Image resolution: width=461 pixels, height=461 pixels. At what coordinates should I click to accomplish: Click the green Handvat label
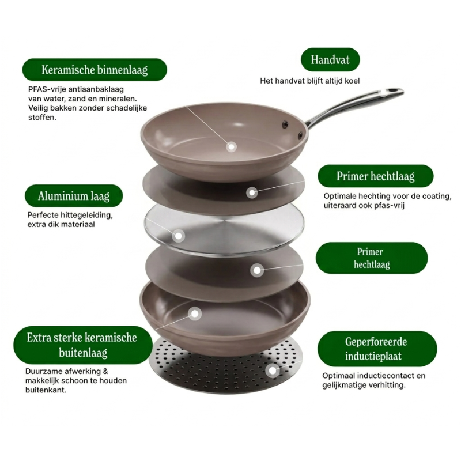pos(330,59)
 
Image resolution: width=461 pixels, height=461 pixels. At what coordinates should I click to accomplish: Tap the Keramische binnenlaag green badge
pos(95,70)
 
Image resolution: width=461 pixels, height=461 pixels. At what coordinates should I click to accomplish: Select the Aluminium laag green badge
pos(74,196)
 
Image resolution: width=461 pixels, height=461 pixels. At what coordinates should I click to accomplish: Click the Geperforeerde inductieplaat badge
pos(377,349)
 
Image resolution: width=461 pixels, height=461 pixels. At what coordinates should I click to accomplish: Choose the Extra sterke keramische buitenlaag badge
pos(82,345)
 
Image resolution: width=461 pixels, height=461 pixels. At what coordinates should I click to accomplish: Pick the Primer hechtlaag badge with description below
pos(376,176)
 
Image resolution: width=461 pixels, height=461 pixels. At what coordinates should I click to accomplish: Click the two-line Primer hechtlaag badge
pos(372,258)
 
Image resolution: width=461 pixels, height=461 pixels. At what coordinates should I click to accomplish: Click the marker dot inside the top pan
pos(232,147)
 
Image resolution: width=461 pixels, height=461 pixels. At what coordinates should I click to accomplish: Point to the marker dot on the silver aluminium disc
pos(178,236)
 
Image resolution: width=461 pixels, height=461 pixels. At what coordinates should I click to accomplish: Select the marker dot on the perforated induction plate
pos(273,371)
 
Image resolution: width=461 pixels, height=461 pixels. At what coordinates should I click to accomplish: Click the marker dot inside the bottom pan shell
pos(195,313)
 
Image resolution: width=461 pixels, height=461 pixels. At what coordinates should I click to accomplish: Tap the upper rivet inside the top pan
pos(285,124)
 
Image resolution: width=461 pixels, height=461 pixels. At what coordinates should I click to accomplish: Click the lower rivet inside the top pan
pos(300,135)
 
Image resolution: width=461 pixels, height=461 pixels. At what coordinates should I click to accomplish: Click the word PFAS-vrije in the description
pos(47,89)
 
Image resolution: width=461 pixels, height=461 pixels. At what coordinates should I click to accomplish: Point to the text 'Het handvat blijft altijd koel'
pos(310,81)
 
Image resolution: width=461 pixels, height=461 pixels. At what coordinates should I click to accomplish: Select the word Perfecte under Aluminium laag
pos(42,215)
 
